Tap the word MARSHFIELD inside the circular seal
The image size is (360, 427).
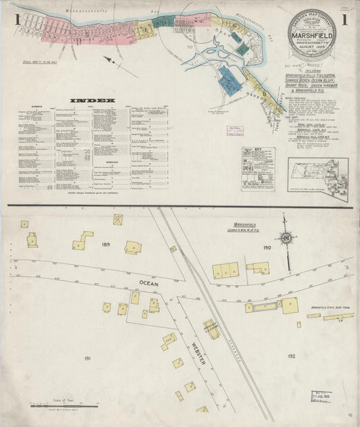click(311, 30)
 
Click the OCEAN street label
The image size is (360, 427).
click(149, 284)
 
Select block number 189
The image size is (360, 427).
click(105, 243)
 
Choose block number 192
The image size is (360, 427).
click(291, 355)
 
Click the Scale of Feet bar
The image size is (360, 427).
click(65, 405)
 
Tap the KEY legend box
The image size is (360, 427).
click(259, 168)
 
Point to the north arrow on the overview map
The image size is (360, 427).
click(115, 64)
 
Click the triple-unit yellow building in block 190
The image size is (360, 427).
click(226, 271)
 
